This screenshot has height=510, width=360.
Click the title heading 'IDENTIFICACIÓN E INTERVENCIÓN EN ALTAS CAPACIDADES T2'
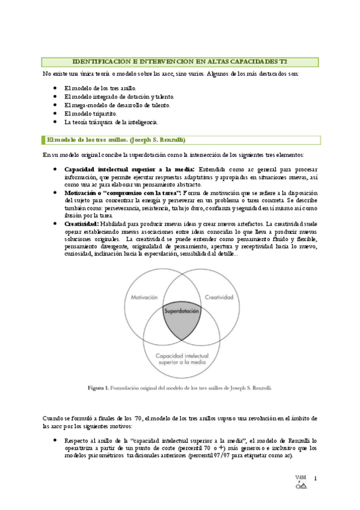pos(180,61)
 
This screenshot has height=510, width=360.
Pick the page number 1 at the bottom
pos(314,479)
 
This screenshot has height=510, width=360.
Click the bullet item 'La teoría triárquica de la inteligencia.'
pos(106,121)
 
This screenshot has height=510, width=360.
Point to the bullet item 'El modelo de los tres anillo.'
pos(96,88)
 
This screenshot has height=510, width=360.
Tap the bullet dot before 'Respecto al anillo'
pos(55,440)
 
